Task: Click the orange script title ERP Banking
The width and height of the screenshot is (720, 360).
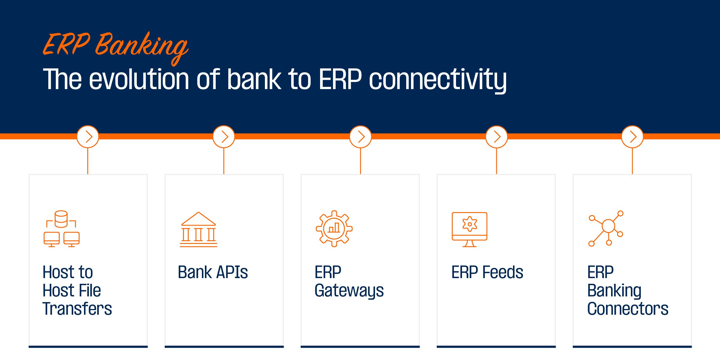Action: pyautogui.click(x=115, y=48)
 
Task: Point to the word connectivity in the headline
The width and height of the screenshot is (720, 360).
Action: pyautogui.click(x=438, y=80)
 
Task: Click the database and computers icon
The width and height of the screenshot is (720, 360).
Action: pyautogui.click(x=61, y=229)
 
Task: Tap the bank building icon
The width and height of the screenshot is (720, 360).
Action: pyautogui.click(x=199, y=229)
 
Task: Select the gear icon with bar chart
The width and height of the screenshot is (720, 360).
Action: pyautogui.click(x=334, y=229)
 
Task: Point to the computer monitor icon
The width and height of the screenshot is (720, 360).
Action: pyautogui.click(x=469, y=229)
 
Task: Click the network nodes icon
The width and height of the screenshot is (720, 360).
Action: pyautogui.click(x=606, y=229)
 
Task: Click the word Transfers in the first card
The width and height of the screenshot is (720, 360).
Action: pyautogui.click(x=77, y=309)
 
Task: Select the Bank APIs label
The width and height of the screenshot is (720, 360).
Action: pyautogui.click(x=213, y=272)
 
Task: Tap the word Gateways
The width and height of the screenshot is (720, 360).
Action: pyautogui.click(x=349, y=291)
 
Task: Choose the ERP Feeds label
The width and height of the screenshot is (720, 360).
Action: pyautogui.click(x=487, y=272)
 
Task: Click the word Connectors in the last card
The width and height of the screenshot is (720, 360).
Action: pyautogui.click(x=628, y=309)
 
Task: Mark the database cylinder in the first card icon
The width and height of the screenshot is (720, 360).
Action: pyautogui.click(x=61, y=219)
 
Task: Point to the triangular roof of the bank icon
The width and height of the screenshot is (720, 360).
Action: pyautogui.click(x=199, y=219)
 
